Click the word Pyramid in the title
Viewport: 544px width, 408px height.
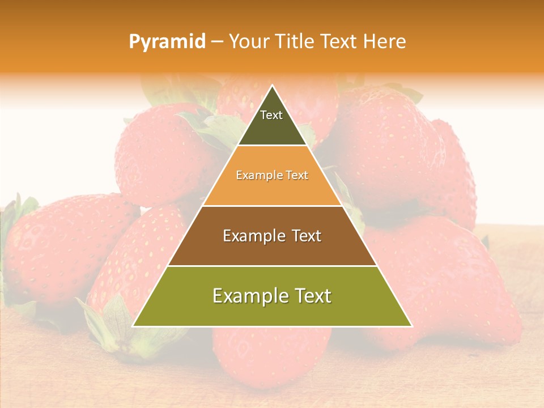[167, 42]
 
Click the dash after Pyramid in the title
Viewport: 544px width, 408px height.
[216, 42]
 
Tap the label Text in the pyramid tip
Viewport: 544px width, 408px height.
[271, 115]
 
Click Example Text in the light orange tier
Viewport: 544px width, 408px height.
[272, 175]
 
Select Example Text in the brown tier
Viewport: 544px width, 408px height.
[272, 236]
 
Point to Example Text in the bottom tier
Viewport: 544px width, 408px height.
[272, 296]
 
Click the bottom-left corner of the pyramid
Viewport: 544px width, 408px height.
[133, 326]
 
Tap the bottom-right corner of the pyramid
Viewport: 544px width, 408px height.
[412, 326]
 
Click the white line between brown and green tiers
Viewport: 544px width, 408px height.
[272, 266]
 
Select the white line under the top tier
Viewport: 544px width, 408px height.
[272, 146]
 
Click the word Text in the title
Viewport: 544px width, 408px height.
[340, 42]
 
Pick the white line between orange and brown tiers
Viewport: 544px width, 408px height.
[272, 206]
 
